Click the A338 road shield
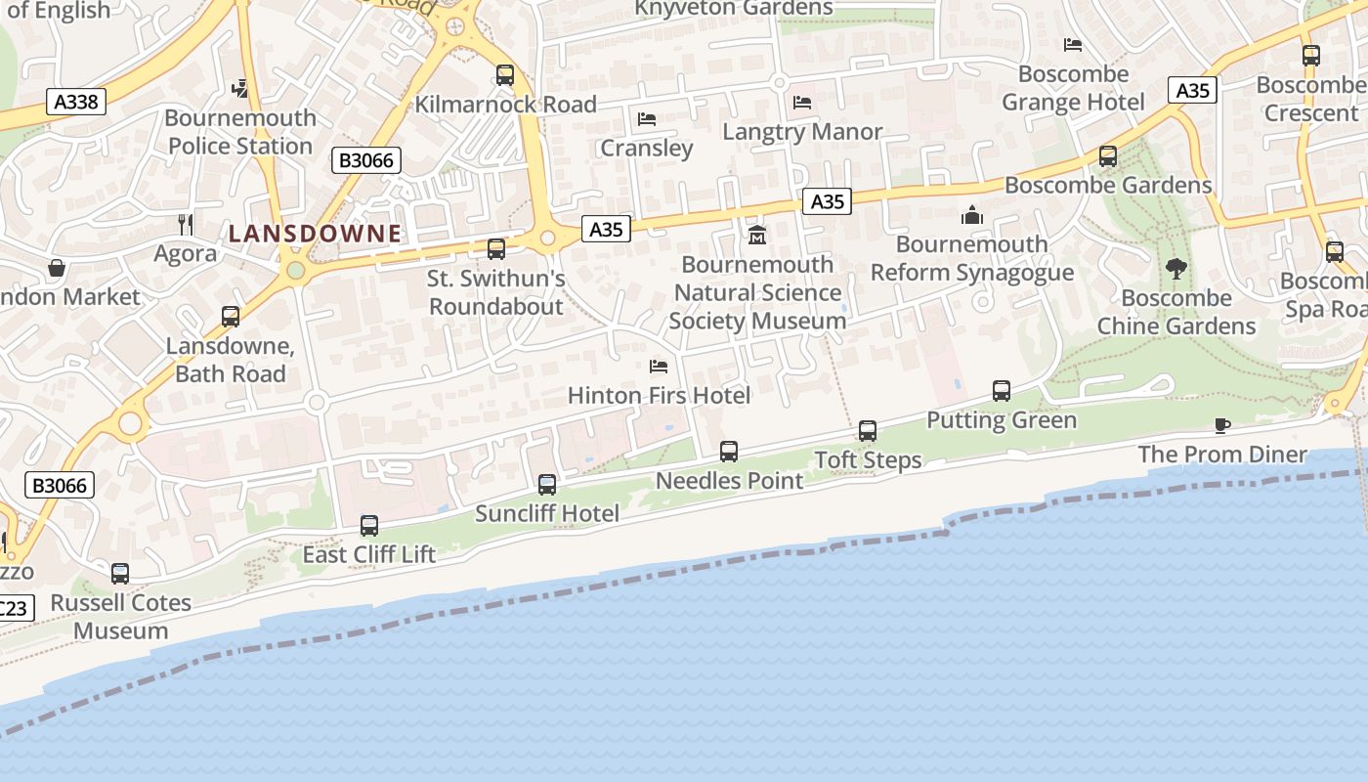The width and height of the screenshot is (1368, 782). pos(75,102)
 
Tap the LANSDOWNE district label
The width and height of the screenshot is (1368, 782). pos(315,234)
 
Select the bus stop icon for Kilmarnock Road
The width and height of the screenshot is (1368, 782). pos(505,74)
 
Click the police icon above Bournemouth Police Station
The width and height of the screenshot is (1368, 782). pos(240,89)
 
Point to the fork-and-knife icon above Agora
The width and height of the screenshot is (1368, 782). pos(186,225)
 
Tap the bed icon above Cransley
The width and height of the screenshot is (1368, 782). pos(646,119)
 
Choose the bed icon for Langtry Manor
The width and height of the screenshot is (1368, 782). pos(802,102)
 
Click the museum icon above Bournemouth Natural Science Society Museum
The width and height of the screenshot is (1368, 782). pos(757,235)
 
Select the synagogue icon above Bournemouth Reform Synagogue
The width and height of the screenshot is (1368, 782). pos(972,214)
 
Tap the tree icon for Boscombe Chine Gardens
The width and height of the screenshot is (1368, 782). pos(1176,268)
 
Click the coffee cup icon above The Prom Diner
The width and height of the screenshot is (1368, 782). pos(1221,425)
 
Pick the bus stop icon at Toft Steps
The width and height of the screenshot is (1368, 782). pos(868,430)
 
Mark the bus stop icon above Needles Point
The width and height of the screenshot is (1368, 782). pos(729,451)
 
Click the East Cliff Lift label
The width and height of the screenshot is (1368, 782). pos(368,555)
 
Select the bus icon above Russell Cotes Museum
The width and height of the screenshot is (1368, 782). pos(120,573)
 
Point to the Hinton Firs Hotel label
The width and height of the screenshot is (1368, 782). pos(659,396)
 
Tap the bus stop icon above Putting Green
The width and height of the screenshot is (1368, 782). pos(1002,391)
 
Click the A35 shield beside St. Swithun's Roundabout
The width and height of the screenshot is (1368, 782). pos(606,230)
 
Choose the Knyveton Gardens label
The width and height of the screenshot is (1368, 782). pos(734,9)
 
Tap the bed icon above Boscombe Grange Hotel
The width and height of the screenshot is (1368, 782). pos(1072,45)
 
